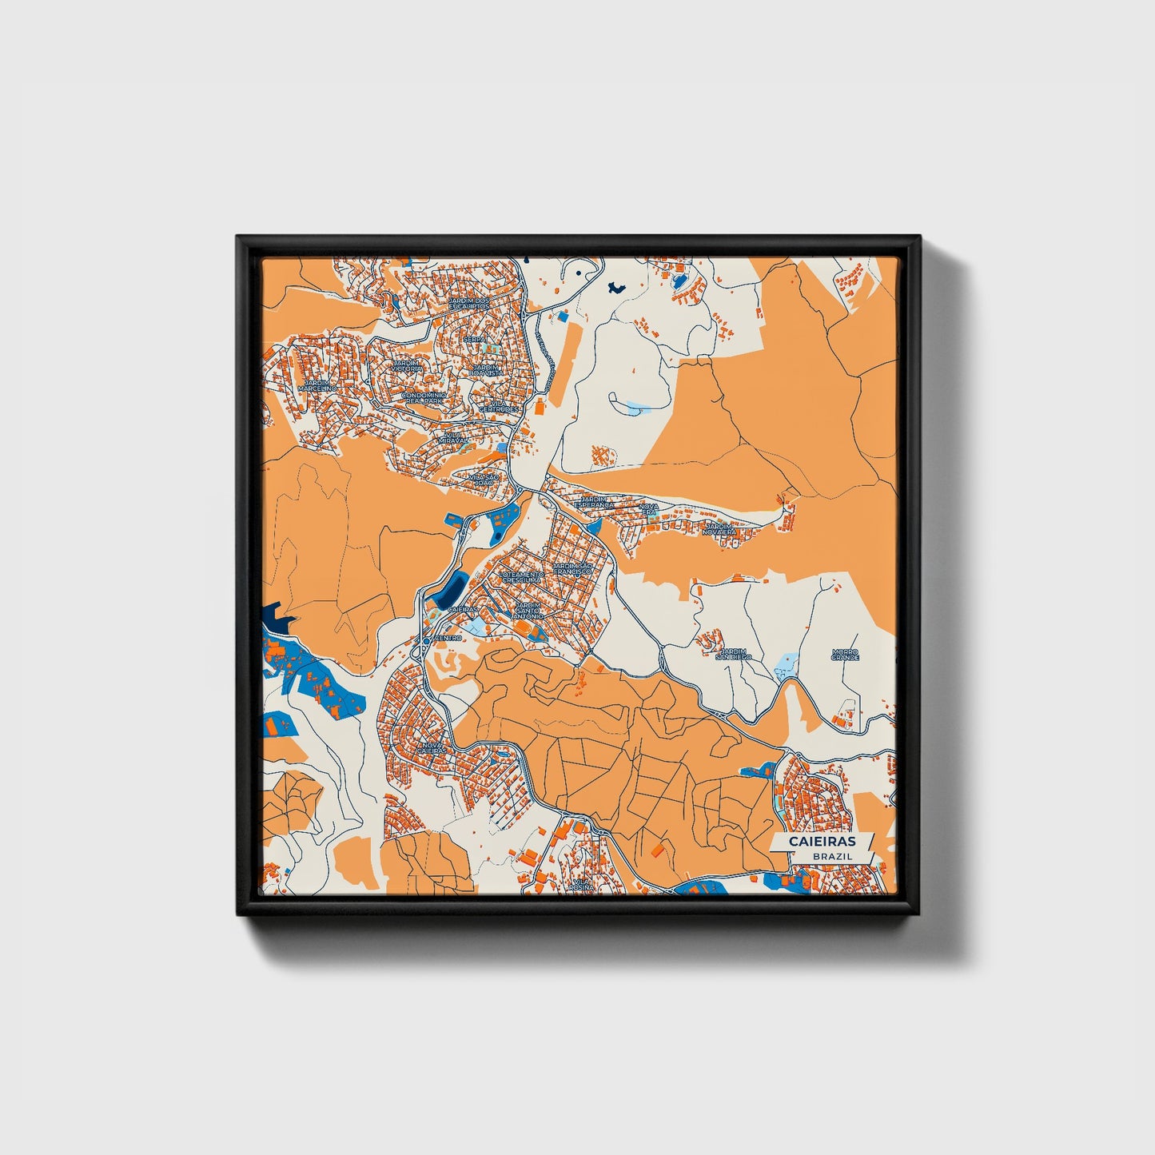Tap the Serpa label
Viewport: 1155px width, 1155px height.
point(475,340)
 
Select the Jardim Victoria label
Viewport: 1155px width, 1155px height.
point(407,365)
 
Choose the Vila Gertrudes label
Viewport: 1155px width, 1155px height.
point(499,406)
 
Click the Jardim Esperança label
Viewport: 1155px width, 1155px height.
point(594,502)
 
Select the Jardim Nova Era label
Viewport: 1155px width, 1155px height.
point(720,528)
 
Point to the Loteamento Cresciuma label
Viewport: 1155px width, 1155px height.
point(521,576)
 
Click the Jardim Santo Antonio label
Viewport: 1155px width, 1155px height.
point(528,611)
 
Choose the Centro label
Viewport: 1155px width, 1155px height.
point(448,638)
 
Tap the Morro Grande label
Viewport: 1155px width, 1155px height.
point(845,654)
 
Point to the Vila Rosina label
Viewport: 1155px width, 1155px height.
point(583,885)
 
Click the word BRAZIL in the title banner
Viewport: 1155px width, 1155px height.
point(832,856)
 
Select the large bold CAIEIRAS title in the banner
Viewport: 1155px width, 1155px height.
point(822,842)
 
